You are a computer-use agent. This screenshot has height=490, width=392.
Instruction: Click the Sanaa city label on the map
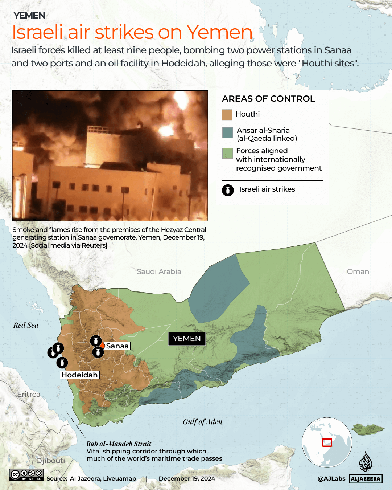(x=117, y=346)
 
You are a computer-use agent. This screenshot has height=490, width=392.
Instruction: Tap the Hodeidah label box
(x=79, y=375)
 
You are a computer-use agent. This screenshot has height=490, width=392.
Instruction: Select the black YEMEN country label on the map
(x=187, y=339)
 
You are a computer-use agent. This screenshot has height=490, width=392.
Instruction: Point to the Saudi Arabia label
(x=159, y=271)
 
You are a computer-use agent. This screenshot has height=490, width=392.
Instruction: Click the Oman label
(x=358, y=271)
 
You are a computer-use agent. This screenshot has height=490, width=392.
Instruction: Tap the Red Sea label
(x=26, y=325)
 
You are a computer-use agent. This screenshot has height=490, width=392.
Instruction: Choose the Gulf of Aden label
(x=202, y=422)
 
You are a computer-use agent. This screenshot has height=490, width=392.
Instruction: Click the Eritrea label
(x=29, y=394)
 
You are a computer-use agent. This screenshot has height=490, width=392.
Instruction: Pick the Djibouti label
(x=50, y=461)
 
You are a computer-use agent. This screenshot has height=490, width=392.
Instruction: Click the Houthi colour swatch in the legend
(x=227, y=115)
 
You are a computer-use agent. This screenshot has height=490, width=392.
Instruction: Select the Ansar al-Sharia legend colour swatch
(x=227, y=132)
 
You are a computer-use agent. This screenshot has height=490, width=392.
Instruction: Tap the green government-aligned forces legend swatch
(x=227, y=153)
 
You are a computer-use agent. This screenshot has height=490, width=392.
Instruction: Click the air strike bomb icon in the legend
(x=228, y=190)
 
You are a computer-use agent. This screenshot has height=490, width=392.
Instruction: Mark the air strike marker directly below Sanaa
(x=98, y=352)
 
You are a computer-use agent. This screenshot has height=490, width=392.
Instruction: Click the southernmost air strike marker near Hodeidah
(x=62, y=362)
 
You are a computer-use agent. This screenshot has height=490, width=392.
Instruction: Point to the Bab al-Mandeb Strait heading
(x=119, y=444)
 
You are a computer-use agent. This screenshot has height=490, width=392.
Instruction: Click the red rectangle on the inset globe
(x=327, y=442)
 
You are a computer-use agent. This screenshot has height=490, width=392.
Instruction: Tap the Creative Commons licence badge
(x=26, y=475)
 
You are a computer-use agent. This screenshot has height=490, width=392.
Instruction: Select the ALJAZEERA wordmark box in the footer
(x=366, y=479)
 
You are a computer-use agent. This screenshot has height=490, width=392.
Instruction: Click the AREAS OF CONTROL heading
(x=268, y=99)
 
